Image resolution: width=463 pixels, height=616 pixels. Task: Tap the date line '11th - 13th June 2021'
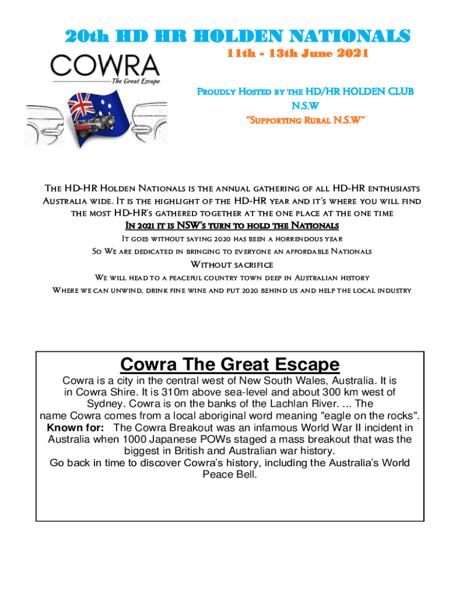[x=297, y=54]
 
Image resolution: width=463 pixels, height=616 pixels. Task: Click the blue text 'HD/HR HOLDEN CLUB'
[x=360, y=91]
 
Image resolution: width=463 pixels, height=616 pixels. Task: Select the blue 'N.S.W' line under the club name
[x=305, y=106]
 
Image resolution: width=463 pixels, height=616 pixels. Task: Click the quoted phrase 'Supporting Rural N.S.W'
[x=305, y=122]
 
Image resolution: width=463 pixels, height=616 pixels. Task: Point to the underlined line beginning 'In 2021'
[x=231, y=226]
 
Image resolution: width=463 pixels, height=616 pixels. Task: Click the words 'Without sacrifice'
[x=231, y=265]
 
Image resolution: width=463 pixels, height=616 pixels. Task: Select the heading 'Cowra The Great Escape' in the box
[x=230, y=365]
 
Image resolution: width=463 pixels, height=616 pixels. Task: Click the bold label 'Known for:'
[x=76, y=428]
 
